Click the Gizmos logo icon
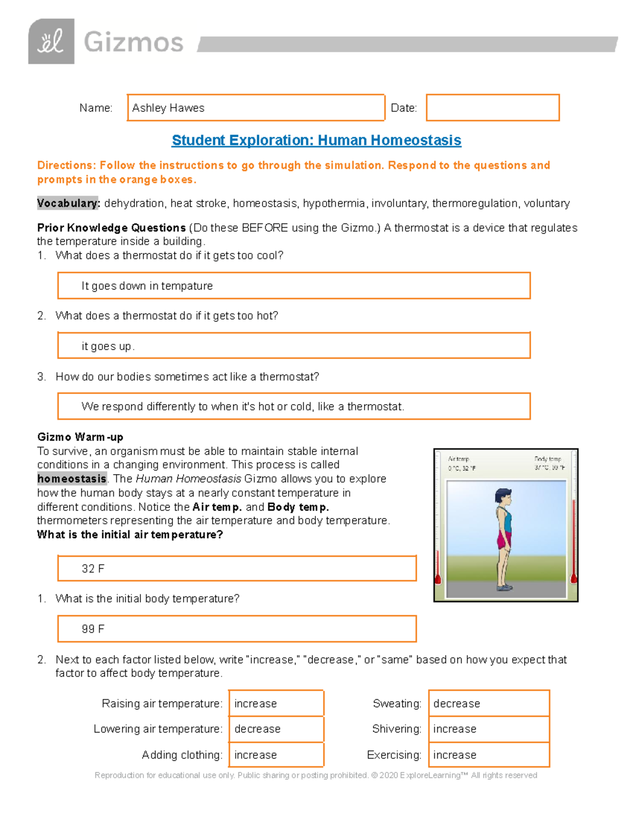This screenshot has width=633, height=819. pos(51,42)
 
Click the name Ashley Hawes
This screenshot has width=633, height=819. pos(168,108)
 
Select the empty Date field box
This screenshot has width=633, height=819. pos(492,108)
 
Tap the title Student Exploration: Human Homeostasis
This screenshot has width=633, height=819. pos(316,140)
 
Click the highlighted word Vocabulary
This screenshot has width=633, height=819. pos(68,204)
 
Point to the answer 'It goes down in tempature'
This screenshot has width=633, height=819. pos(147,286)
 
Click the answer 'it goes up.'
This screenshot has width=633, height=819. pos(108,346)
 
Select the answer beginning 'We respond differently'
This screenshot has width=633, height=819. pos(243,407)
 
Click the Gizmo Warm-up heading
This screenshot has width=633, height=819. pos(80,437)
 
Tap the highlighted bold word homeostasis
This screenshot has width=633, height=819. pos(72,479)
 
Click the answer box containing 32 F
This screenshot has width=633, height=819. pos(237,569)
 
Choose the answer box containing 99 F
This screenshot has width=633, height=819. pos(237,629)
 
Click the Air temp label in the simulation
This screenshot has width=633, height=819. pos(458,459)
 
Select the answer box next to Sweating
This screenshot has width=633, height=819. pos(488,704)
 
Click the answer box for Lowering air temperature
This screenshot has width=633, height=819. pos(276,729)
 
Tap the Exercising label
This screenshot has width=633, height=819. pos(394,755)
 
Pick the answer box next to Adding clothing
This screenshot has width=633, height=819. pos(276,755)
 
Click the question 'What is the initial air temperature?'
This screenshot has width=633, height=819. pos(130,535)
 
